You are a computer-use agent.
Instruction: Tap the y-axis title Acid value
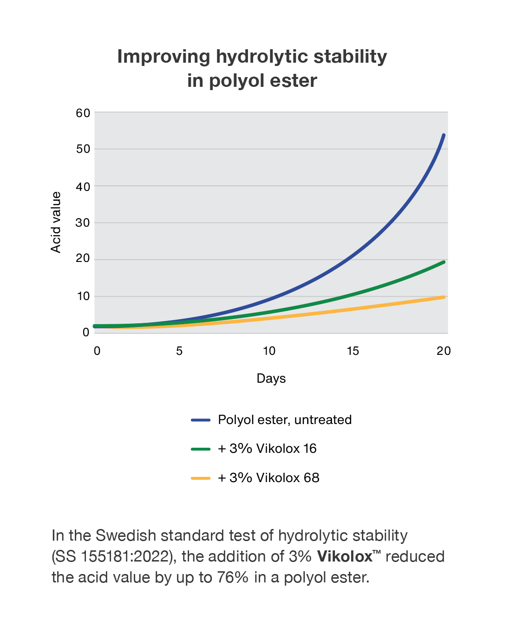(x=56, y=222)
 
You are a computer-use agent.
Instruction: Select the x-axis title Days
(x=271, y=379)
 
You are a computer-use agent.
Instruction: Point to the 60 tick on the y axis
(x=83, y=113)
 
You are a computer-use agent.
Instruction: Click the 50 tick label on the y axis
(x=83, y=149)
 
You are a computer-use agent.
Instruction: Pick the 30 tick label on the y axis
(x=83, y=222)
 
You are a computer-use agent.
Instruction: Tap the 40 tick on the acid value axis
(x=83, y=186)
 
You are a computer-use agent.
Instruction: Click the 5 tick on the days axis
(x=179, y=351)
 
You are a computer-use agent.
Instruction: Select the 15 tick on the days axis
(x=353, y=351)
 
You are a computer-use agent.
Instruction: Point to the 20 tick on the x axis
(x=443, y=351)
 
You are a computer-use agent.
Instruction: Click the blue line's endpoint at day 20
(x=444, y=135)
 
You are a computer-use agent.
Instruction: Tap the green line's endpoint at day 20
(x=444, y=262)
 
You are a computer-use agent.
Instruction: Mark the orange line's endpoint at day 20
(x=444, y=297)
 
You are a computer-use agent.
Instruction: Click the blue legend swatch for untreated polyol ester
(x=201, y=420)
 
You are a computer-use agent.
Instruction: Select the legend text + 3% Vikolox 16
(x=267, y=449)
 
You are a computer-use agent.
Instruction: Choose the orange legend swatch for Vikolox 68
(x=201, y=478)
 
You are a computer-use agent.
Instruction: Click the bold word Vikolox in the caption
(x=345, y=556)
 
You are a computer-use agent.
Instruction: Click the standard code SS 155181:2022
(x=114, y=556)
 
